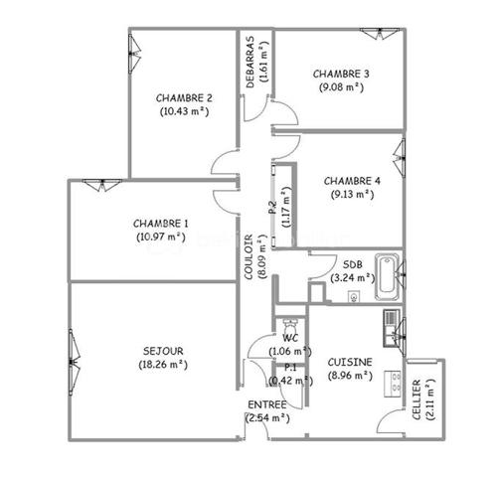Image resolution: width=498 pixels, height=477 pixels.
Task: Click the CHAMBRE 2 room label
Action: (x=184, y=97)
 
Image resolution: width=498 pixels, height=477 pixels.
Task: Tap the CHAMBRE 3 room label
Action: (x=341, y=74)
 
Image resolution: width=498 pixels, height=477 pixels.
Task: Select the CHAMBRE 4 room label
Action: (x=353, y=180)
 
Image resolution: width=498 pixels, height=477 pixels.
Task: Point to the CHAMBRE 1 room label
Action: (x=160, y=223)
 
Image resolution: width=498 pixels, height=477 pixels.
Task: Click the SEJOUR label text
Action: (x=164, y=350)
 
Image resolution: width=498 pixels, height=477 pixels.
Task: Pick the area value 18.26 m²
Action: (x=164, y=364)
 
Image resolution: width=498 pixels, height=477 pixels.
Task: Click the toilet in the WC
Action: (x=289, y=326)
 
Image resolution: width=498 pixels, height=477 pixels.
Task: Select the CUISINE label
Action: (x=350, y=362)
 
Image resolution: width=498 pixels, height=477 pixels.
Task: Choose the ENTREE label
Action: (x=267, y=404)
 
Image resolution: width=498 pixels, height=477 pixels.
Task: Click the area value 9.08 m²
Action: (x=341, y=87)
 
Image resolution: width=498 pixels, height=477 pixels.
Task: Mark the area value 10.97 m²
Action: (x=160, y=237)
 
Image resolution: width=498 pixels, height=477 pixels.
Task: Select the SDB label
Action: (x=352, y=265)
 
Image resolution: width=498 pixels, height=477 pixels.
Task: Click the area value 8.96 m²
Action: (x=350, y=376)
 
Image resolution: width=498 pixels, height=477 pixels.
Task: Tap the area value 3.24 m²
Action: (x=352, y=278)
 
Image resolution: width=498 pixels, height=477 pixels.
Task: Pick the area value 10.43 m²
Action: (x=184, y=111)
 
